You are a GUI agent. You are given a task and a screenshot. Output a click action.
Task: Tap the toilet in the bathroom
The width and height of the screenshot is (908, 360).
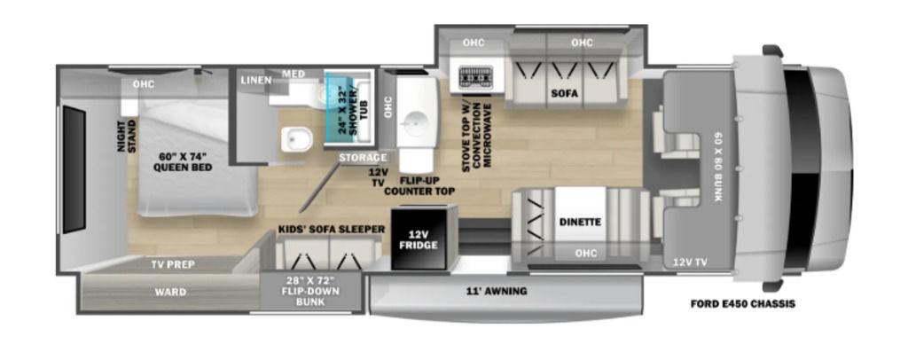pyautogui.click(x=297, y=139)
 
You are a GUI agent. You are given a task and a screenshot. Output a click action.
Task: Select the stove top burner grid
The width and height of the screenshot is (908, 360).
pyautogui.click(x=475, y=77)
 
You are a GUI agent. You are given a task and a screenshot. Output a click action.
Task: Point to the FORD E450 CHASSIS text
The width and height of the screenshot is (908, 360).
pyautogui.click(x=742, y=304)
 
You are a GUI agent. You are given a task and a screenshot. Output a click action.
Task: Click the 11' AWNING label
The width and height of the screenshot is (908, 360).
pyautogui.click(x=498, y=291)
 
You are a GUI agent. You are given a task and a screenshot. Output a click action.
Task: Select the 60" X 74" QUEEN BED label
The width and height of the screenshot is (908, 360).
pyautogui.click(x=183, y=162)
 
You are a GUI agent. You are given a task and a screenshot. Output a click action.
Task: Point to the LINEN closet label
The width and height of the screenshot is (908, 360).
pyautogui.click(x=256, y=81)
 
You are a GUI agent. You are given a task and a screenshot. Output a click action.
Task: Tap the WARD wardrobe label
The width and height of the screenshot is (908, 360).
pyautogui.click(x=170, y=293)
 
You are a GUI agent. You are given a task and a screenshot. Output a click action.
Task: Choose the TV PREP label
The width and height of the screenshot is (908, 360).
pyautogui.click(x=173, y=264)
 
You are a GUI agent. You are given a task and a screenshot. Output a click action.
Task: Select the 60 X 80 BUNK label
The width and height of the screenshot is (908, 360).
pyautogui.click(x=717, y=166)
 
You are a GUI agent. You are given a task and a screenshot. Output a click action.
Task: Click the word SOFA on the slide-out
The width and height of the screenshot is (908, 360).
pyautogui.click(x=565, y=93)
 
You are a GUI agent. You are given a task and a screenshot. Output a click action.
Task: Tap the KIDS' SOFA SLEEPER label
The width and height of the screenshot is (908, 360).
pyautogui.click(x=332, y=229)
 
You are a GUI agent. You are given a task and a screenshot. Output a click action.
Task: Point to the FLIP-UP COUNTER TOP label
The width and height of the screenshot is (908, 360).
pyautogui.click(x=419, y=185)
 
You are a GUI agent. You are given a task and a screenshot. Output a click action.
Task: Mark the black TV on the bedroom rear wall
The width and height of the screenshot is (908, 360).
pyautogui.click(x=74, y=169)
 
